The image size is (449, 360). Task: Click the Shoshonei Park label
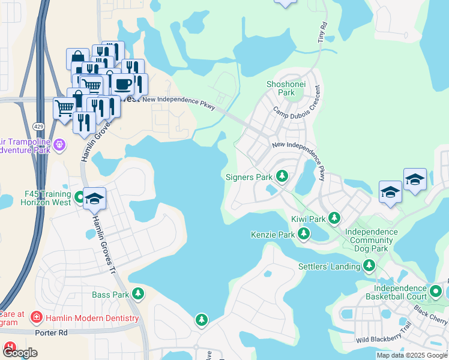point(280,89)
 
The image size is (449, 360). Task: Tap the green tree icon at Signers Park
point(282,176)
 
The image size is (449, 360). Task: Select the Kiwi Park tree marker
point(334,218)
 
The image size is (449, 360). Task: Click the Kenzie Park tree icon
point(304,234)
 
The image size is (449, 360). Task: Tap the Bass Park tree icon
point(139,294)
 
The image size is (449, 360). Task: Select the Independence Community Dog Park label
point(371,240)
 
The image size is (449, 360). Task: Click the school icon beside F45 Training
point(94,199)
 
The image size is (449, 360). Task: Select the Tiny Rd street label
point(322,32)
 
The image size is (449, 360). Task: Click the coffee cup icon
point(124,84)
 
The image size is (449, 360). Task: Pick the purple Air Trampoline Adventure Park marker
point(59,145)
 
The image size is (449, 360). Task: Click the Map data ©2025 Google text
point(412,355)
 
